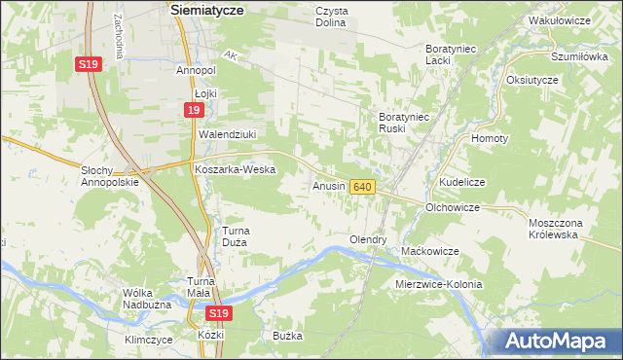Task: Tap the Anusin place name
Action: (x=329, y=185)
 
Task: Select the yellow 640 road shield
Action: (x=362, y=186)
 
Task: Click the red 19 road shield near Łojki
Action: (x=195, y=113)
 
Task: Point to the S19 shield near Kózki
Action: (x=218, y=313)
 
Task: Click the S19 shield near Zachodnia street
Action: (x=88, y=64)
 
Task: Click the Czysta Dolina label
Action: (x=338, y=17)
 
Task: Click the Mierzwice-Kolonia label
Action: (x=439, y=284)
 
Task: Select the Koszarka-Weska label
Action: (x=236, y=169)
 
